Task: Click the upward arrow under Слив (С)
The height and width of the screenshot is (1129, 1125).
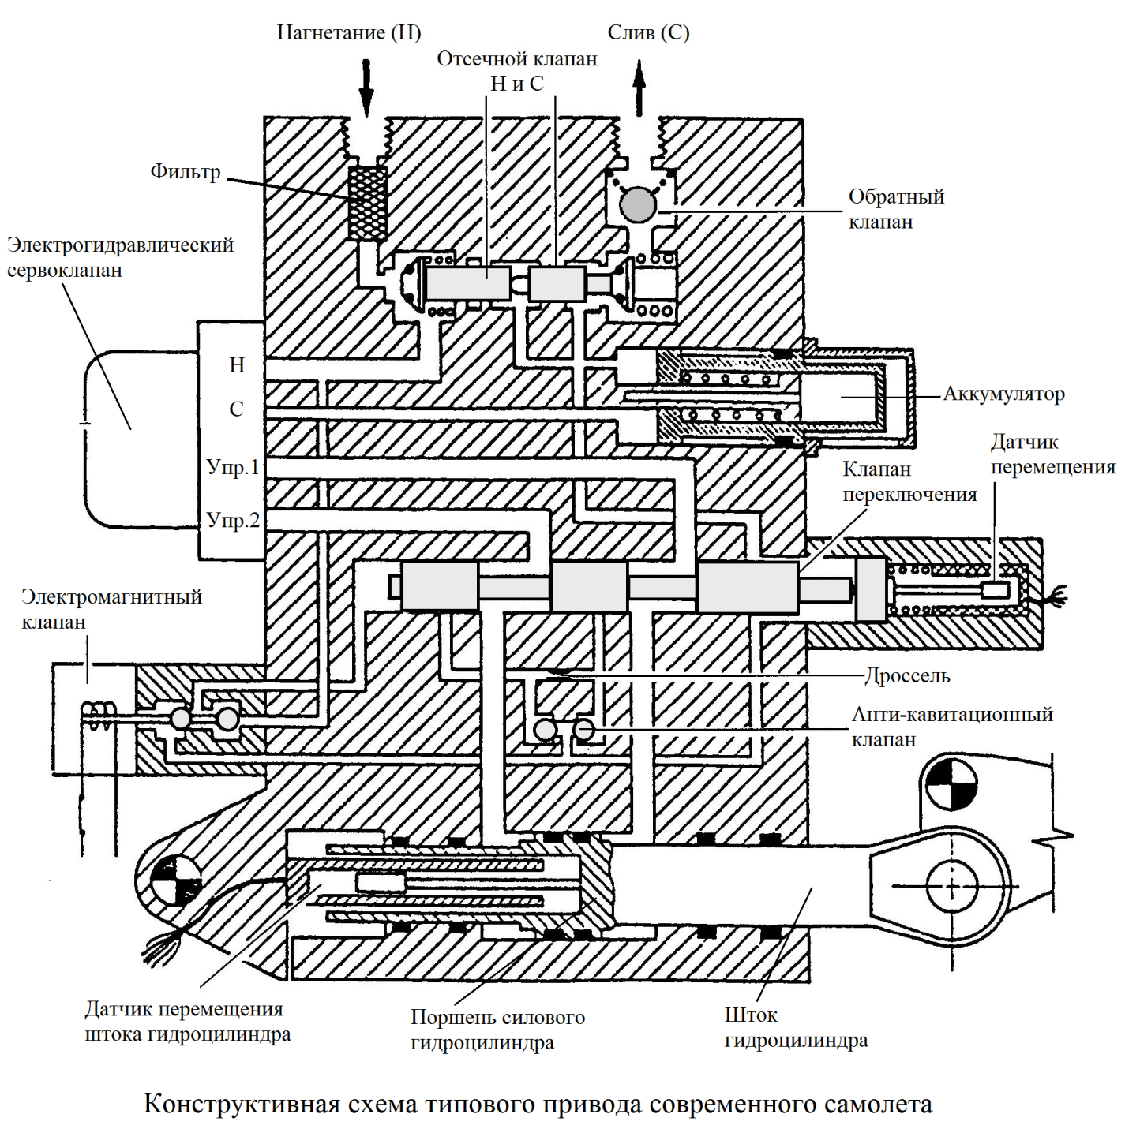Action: pos(639,88)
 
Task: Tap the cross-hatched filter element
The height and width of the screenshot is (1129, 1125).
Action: pos(368,203)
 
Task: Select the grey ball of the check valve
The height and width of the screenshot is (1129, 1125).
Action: pos(638,205)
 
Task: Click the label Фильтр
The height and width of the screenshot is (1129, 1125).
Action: pos(186,172)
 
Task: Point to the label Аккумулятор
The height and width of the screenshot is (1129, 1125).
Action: pos(1003,394)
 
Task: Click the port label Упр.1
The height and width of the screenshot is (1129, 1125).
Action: pos(233,467)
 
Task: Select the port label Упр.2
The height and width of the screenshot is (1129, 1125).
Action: pos(233,520)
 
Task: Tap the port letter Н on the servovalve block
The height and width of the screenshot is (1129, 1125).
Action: pos(237,365)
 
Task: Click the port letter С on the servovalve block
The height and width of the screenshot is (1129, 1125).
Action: pos(236,409)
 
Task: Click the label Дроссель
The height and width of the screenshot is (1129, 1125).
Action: pos(907,676)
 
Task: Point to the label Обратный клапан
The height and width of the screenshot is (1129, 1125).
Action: pos(895,209)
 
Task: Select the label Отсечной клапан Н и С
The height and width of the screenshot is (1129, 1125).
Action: pos(517,71)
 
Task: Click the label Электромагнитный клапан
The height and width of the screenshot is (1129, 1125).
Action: pos(111,609)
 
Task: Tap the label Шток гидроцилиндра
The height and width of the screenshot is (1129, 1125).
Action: pos(795,1027)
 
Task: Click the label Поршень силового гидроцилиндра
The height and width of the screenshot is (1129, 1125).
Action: pos(497,1030)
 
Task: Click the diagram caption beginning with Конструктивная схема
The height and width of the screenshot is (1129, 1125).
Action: pos(538,1103)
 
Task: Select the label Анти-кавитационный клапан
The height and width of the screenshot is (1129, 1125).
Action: pos(951,727)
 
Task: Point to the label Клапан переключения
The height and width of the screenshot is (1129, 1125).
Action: pos(909,482)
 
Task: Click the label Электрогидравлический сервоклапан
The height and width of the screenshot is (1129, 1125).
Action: pos(120,257)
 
